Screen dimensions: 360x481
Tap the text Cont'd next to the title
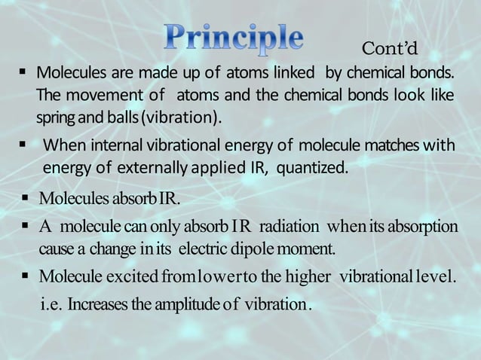pos(390,49)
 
